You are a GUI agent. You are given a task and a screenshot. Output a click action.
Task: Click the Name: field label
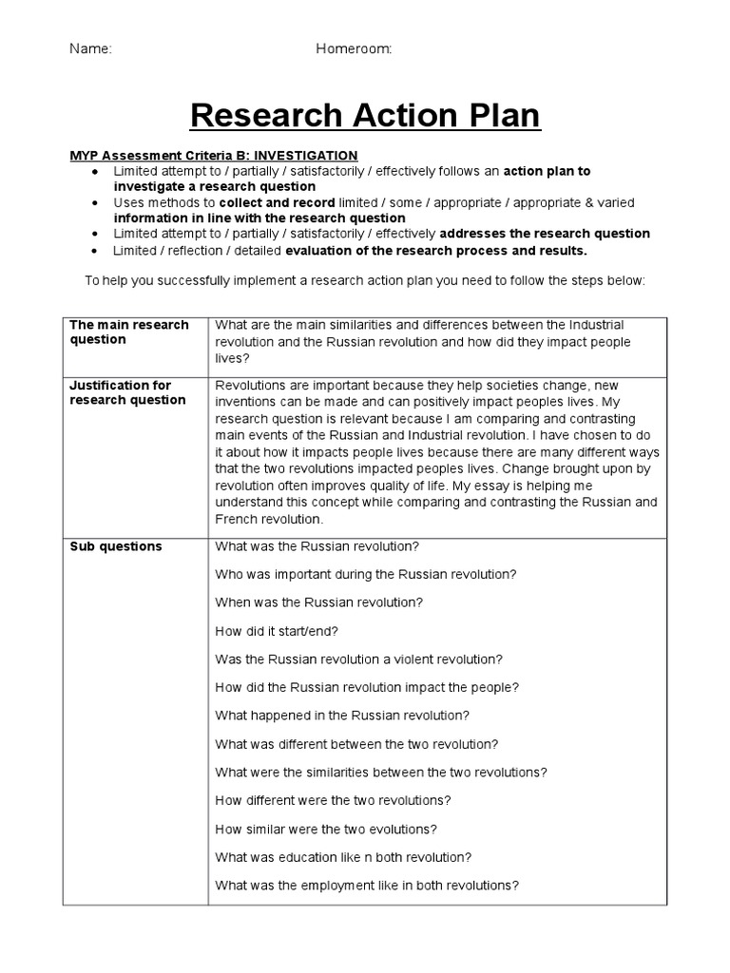click(x=90, y=49)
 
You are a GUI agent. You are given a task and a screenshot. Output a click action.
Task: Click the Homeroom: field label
click(x=354, y=49)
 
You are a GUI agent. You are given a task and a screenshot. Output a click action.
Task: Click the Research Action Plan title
click(x=365, y=116)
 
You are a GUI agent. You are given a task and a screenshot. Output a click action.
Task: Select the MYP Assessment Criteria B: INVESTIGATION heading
click(x=214, y=155)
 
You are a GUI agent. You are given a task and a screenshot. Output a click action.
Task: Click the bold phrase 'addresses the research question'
click(x=545, y=234)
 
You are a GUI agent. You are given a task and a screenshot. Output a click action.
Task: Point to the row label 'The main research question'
click(x=128, y=332)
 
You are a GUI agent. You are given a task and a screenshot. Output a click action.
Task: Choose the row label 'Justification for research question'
click(x=127, y=392)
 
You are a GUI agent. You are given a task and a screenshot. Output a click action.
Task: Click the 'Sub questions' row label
click(x=116, y=546)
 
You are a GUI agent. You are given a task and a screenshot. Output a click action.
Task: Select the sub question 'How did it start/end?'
click(x=277, y=631)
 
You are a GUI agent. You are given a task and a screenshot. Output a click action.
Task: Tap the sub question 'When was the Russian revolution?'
click(x=319, y=602)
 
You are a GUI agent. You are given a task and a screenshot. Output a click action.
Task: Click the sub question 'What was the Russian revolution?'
click(x=317, y=546)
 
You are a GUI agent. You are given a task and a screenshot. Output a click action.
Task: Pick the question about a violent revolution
click(x=359, y=659)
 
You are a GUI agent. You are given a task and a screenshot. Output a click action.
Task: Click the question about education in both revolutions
click(x=343, y=857)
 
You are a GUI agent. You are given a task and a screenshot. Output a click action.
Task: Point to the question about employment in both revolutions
click(x=367, y=886)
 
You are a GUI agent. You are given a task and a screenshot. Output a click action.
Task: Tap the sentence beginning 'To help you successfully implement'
click(x=365, y=281)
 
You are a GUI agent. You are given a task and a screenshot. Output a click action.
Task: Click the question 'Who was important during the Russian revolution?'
click(x=366, y=575)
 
